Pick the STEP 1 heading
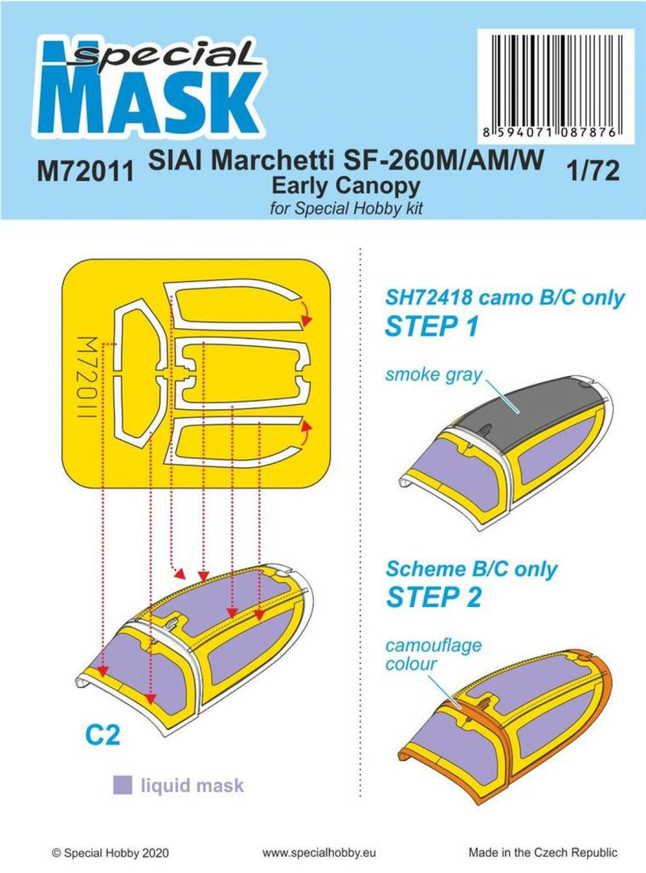tap(434, 327)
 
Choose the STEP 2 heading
tap(434, 597)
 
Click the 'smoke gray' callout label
tap(433, 373)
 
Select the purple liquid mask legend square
tap(124, 784)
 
